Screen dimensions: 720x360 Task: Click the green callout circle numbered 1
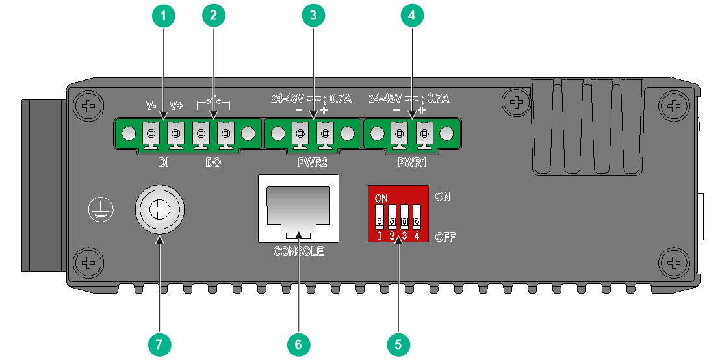(163, 16)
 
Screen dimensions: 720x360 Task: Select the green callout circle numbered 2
(214, 16)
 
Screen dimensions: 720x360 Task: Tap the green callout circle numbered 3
(313, 16)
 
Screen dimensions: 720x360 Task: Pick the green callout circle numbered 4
(412, 16)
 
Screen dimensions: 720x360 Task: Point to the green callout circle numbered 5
(398, 344)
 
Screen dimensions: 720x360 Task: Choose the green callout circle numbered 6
(298, 344)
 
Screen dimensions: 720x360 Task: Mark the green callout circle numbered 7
(159, 344)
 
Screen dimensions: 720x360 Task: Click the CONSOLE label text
(298, 251)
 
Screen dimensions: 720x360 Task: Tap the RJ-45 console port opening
(298, 211)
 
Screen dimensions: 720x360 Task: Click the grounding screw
(160, 209)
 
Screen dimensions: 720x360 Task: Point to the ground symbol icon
(101, 210)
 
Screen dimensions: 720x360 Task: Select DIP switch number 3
(405, 217)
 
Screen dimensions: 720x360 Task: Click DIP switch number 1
(379, 217)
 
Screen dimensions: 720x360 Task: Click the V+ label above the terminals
(176, 105)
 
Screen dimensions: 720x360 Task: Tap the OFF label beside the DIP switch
(445, 237)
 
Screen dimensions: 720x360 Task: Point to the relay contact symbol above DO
(214, 104)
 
